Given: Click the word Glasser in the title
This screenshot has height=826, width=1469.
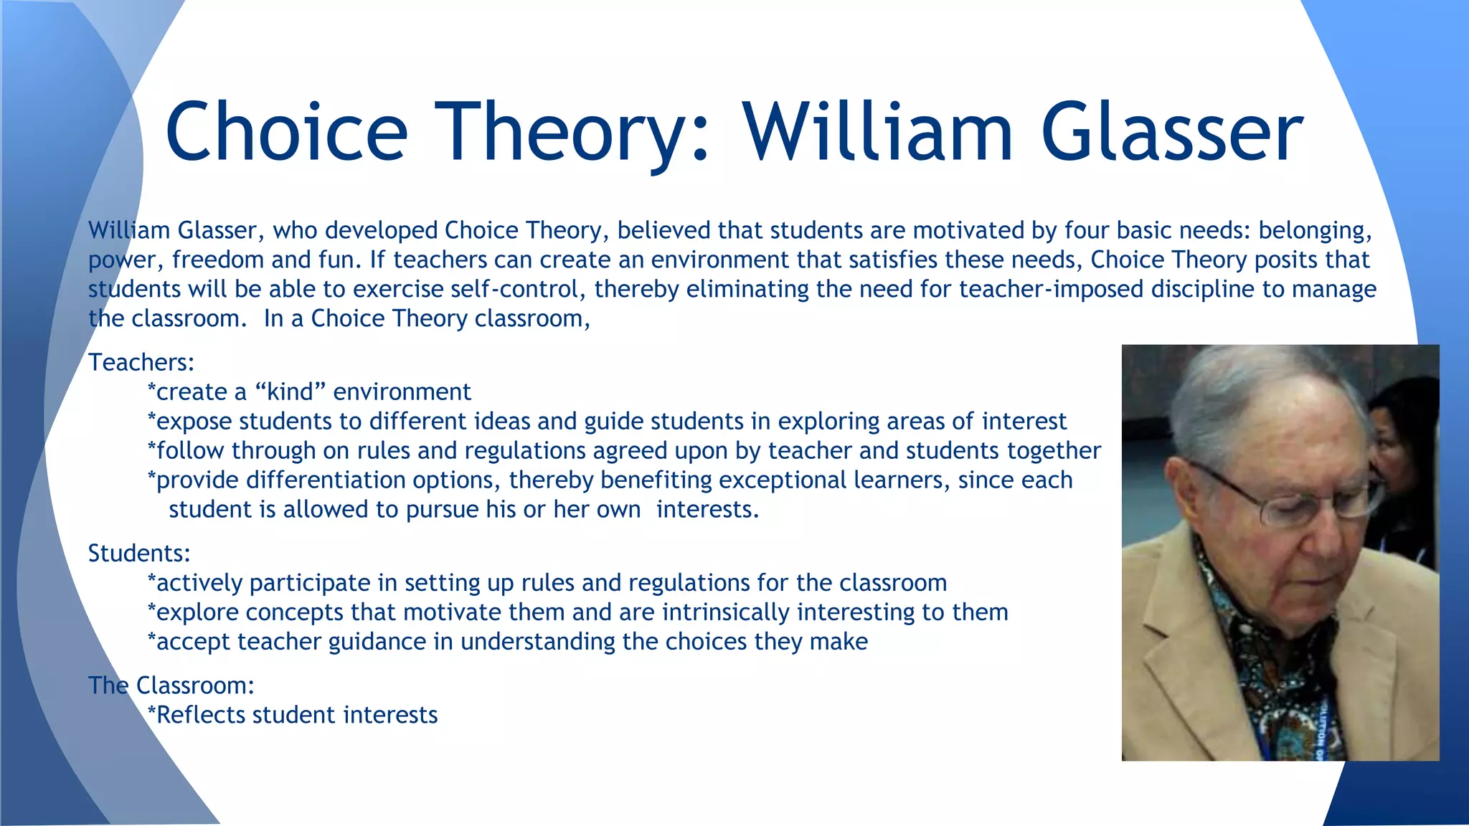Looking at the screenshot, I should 1171,133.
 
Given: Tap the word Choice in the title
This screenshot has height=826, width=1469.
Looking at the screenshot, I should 287,133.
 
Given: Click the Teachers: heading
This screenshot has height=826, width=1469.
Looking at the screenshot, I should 141,363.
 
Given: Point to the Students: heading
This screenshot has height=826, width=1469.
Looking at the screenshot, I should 139,554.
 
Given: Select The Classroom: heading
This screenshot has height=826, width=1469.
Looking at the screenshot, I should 171,685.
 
